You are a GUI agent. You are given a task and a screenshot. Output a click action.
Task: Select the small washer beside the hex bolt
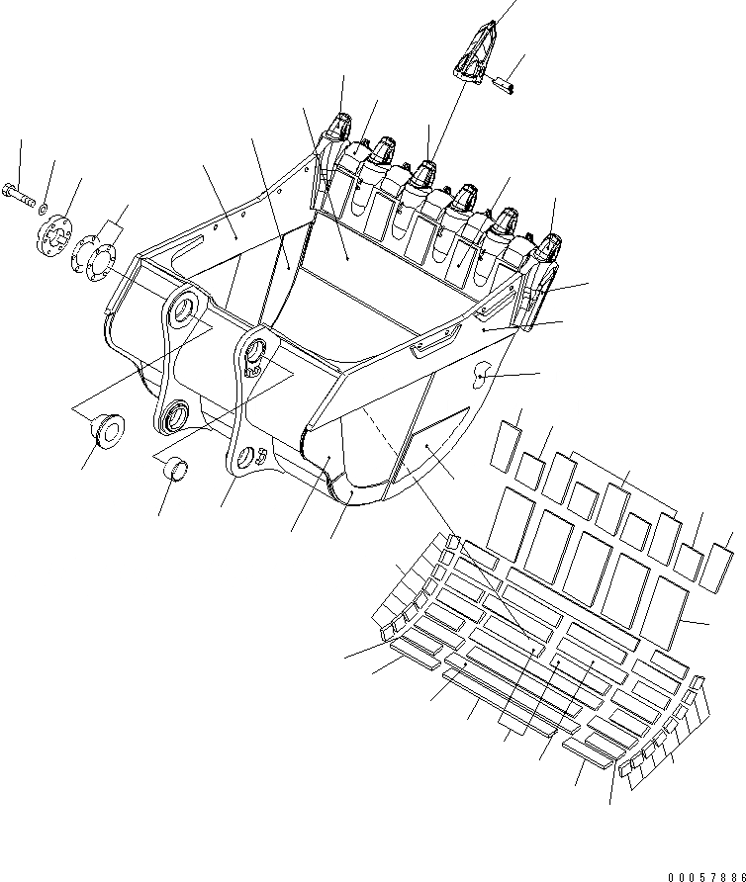coord(42,209)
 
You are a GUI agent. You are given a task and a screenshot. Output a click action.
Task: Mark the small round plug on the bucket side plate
coord(484,372)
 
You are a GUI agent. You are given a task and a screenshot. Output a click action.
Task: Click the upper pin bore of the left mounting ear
coord(182,313)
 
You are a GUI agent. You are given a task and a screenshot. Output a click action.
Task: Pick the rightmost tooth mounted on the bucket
coord(550,246)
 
